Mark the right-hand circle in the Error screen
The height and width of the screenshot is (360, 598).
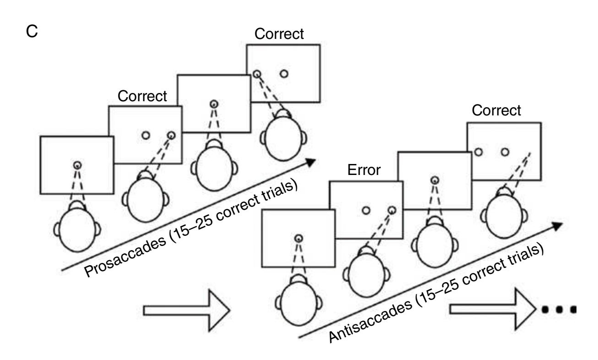click(x=391, y=210)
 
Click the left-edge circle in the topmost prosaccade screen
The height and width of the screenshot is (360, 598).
click(x=257, y=74)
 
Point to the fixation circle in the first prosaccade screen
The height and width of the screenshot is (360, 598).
click(x=77, y=165)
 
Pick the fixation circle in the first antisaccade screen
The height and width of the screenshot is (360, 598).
click(x=299, y=239)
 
